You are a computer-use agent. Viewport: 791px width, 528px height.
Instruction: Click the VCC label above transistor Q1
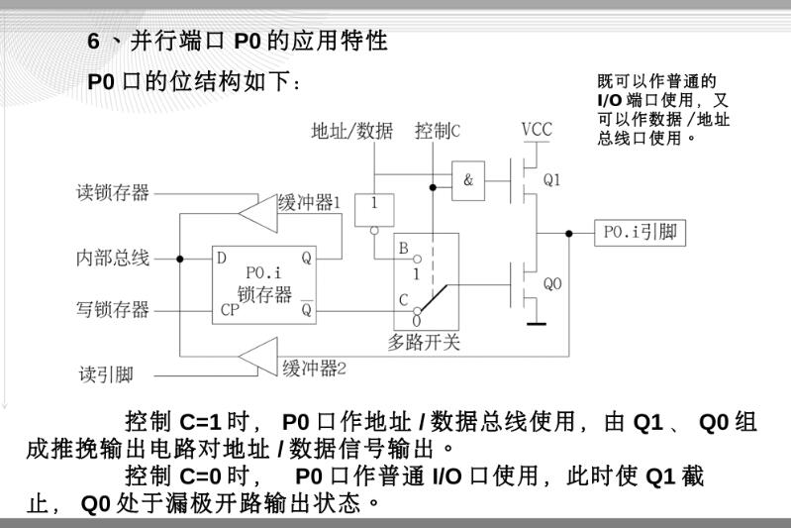(537, 130)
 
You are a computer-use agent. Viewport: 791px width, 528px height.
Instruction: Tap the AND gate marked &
(467, 180)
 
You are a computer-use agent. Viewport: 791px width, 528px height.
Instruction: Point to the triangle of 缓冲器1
(259, 209)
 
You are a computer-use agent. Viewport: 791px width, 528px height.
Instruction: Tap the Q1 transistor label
(551, 180)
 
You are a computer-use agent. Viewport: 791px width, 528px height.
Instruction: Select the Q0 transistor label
(552, 283)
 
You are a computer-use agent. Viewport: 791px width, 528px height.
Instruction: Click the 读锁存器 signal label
(113, 192)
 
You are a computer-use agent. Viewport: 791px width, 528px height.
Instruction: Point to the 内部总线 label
(113, 259)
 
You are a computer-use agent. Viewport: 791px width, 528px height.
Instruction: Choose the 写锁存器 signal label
(113, 309)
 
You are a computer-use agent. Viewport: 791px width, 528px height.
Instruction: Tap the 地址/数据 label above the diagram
(351, 131)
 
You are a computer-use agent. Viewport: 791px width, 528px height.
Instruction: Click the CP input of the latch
(228, 309)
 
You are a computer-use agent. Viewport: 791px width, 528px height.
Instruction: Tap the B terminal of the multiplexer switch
(403, 247)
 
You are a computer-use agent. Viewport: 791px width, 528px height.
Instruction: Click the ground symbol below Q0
(536, 321)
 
